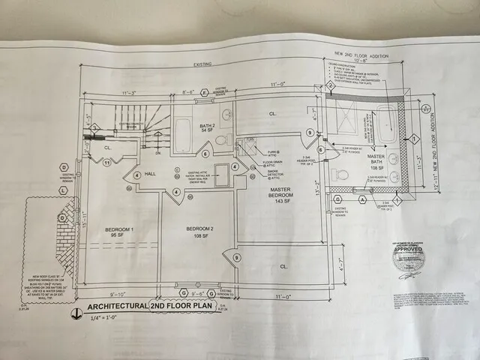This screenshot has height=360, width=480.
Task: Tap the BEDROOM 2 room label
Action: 199,230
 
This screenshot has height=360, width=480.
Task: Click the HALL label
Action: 149,173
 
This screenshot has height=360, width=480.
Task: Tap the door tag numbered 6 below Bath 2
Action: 205,154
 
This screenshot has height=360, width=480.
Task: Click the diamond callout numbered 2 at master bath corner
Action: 328,86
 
